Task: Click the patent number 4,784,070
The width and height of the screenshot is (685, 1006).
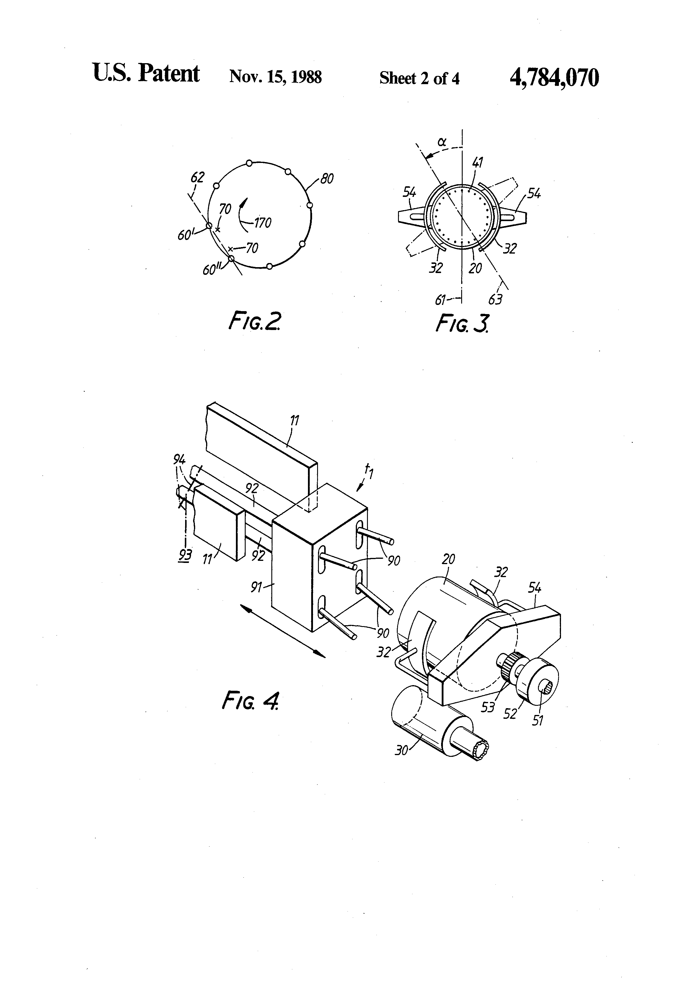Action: (x=554, y=78)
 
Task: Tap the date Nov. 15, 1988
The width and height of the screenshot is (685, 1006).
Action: (x=275, y=77)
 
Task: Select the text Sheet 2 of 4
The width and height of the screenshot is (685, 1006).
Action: (x=419, y=78)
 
